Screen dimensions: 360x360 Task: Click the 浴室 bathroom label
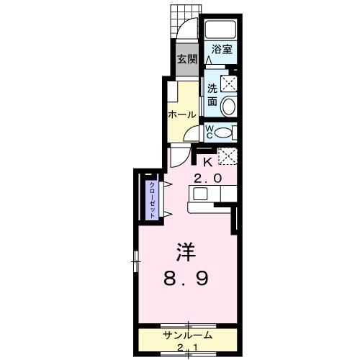click(x=221, y=50)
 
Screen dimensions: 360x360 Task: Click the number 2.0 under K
click(x=207, y=177)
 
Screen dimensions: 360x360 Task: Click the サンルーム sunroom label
click(x=186, y=336)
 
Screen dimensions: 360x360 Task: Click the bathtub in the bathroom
click(x=221, y=30)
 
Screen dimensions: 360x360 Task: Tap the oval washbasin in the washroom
click(x=228, y=107)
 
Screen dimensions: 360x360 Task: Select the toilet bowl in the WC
click(x=224, y=132)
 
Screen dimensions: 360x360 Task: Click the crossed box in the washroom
click(x=228, y=84)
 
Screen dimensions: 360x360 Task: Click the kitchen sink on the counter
click(x=199, y=194)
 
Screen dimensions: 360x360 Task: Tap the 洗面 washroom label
click(x=213, y=94)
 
